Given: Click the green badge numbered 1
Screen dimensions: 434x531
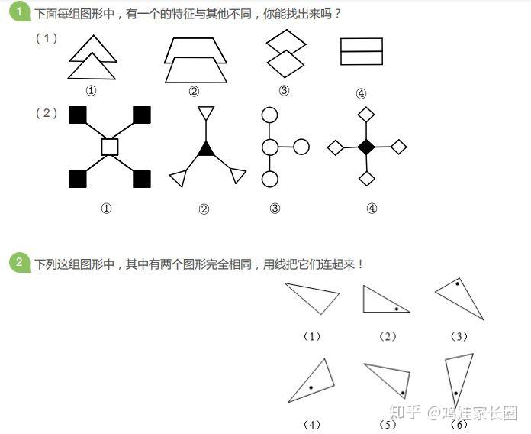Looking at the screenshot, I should (19, 12).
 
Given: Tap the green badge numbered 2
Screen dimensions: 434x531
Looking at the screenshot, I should (19, 263).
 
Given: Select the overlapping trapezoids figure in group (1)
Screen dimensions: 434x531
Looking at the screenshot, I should (195, 60).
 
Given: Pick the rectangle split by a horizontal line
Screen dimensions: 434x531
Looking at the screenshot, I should (361, 51).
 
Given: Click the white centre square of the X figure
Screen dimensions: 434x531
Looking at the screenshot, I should (109, 147).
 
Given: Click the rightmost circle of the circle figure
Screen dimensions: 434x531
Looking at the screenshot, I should (301, 147).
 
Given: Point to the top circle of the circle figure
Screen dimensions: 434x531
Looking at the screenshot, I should (269, 115).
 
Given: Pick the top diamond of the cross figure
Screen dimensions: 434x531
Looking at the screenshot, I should (367, 115).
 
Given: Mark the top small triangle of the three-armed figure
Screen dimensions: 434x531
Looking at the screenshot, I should (204, 113).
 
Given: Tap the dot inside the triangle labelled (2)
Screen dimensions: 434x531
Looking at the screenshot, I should (397, 309).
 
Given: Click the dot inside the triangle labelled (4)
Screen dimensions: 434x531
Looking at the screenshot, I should (311, 389).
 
